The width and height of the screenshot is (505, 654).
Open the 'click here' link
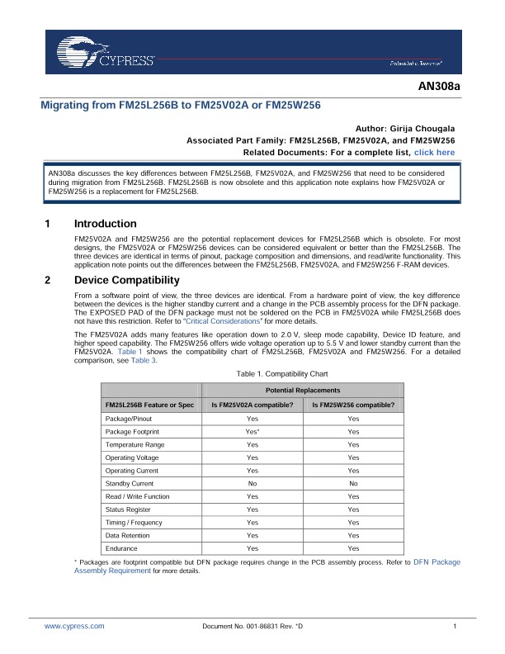434,153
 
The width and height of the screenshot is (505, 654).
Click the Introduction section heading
106,224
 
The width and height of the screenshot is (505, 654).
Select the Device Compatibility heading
127,280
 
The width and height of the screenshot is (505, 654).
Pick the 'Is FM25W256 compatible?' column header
353,405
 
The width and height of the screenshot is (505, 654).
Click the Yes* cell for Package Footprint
252,432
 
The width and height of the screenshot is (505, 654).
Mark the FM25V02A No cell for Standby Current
252,483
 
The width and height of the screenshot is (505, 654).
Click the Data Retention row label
127,535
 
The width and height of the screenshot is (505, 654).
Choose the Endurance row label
122,548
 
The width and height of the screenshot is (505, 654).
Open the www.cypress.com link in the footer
74,627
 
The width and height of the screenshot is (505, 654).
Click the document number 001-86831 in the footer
252,627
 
